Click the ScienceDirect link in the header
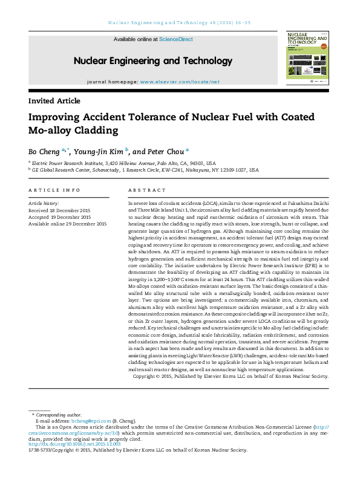[176, 39]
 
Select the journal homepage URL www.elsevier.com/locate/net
[180, 82]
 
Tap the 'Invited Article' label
[54, 101]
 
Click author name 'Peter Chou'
[166, 151]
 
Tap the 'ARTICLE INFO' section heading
[54, 190]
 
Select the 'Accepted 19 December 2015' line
[60, 217]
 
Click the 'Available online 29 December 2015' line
[68, 224]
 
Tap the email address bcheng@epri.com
[91, 421]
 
